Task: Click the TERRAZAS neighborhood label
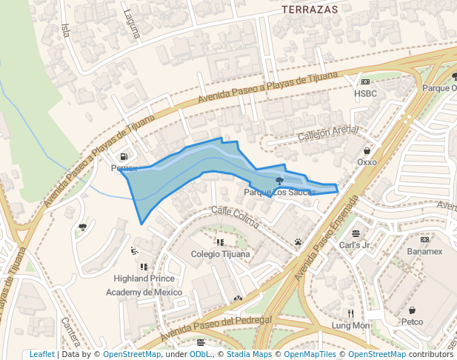click(310, 10)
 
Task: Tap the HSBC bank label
click(366, 94)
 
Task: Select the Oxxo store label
click(367, 161)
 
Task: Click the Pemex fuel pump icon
click(124, 156)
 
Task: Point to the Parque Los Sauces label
click(279, 193)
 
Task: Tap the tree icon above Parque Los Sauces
click(279, 181)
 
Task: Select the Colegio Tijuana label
click(220, 254)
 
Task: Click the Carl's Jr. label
click(356, 244)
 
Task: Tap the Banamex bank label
click(424, 251)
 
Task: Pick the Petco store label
click(412, 321)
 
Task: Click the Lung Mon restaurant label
click(350, 325)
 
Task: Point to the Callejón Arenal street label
click(327, 134)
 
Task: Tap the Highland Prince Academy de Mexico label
click(144, 285)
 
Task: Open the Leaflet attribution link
click(41, 354)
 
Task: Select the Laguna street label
click(132, 23)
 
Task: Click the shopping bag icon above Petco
click(412, 310)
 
